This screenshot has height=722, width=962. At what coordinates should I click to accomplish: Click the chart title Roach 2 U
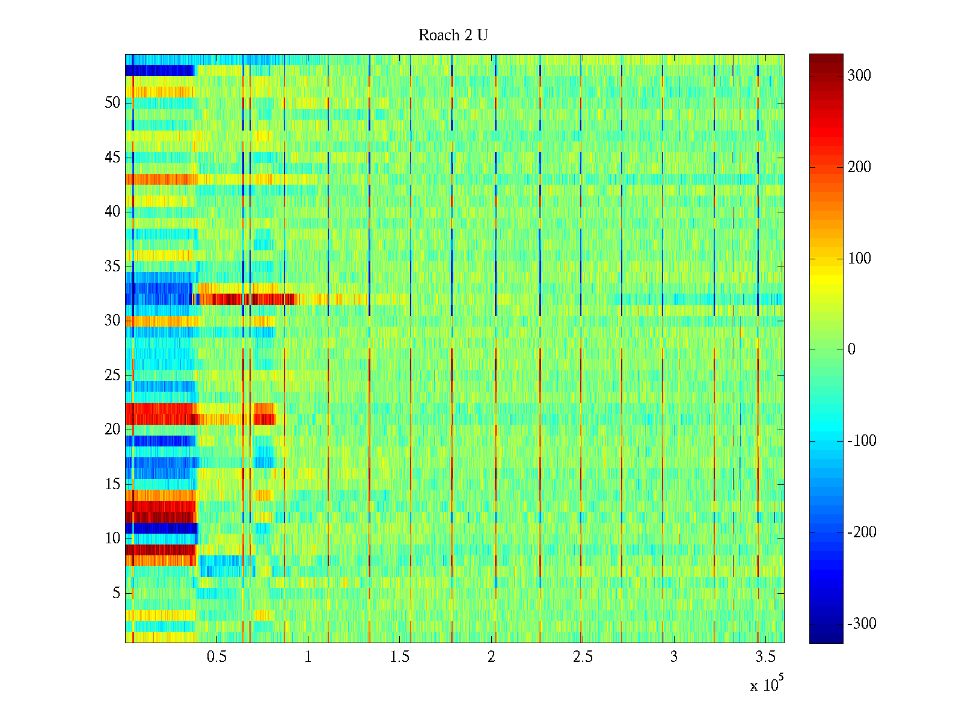click(453, 35)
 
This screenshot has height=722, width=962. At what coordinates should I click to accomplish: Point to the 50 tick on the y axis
click(112, 103)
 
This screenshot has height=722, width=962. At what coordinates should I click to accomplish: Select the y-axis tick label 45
click(112, 158)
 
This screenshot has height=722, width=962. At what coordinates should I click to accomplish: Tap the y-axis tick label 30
click(112, 321)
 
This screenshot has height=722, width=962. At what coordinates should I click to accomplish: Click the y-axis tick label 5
click(116, 593)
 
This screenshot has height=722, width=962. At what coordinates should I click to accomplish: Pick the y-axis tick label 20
click(112, 430)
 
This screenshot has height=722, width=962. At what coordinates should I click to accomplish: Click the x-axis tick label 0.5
click(216, 657)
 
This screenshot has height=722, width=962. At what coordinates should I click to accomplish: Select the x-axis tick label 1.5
click(400, 657)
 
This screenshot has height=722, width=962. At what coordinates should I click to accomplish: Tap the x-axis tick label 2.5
click(583, 657)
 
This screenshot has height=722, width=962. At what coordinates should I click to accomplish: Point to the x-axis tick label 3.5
click(765, 657)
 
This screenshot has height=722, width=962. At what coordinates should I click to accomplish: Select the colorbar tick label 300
click(859, 76)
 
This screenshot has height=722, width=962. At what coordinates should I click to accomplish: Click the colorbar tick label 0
click(851, 350)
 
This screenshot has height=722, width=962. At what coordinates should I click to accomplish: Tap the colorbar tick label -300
click(862, 623)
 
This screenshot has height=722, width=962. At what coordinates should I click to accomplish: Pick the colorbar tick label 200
click(859, 167)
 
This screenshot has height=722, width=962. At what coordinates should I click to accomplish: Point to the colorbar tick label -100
click(862, 441)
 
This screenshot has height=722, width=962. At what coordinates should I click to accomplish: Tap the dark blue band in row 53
click(159, 70)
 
